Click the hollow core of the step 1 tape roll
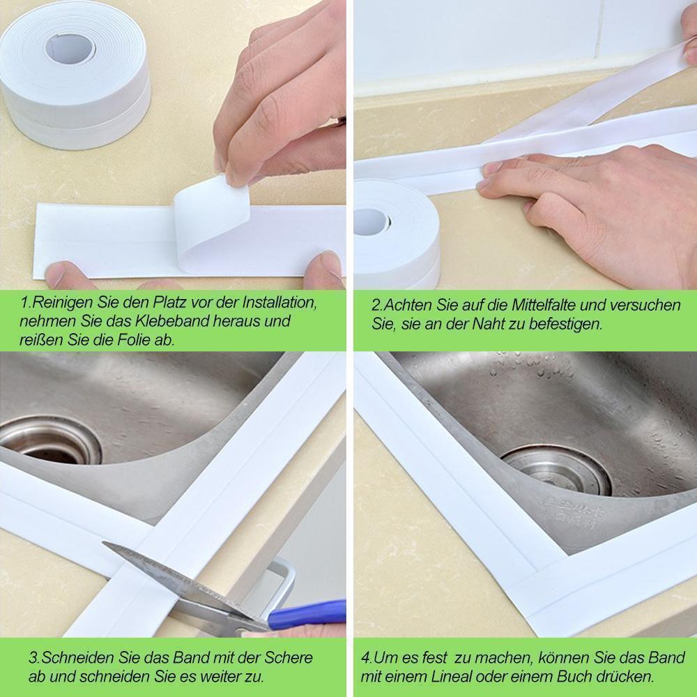click(x=70, y=47)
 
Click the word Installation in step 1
click(x=279, y=302)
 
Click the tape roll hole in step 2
click(x=372, y=221)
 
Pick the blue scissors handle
click(x=307, y=614)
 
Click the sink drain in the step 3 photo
click(x=50, y=441)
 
